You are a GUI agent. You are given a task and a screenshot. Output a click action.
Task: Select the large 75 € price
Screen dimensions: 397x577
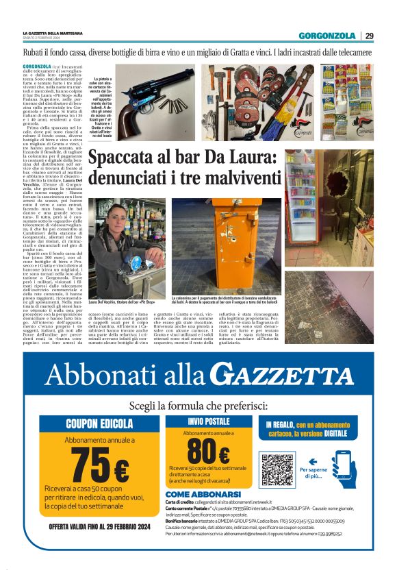[98, 467]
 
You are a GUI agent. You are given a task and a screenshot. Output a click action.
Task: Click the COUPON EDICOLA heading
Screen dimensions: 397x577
[99, 423]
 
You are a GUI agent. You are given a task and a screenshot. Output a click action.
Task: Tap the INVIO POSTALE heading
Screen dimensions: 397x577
[208, 421]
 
